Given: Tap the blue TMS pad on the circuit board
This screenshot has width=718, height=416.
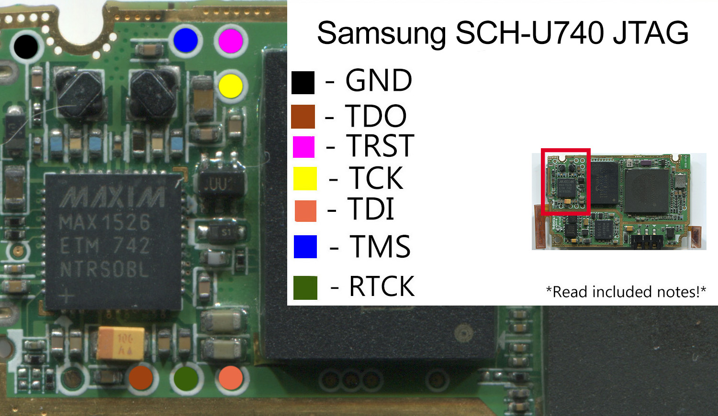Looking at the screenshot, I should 186,40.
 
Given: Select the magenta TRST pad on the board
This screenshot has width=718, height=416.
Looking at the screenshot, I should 231,41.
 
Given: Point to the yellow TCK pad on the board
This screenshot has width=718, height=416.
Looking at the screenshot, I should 231,86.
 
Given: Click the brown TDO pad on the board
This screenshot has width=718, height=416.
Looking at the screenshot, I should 141,378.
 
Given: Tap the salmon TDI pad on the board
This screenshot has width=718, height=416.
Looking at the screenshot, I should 231,378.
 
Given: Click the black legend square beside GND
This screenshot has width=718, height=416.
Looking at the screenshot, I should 303,82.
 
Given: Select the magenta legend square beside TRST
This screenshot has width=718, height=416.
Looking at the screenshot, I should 304,147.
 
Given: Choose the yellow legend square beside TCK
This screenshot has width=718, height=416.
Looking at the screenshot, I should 305,178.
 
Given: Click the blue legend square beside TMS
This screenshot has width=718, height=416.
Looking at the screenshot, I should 305,247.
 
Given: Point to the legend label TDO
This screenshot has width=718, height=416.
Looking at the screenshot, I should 376,116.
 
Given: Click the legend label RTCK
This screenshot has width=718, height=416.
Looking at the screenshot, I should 381,286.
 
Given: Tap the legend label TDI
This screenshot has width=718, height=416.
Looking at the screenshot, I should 371,209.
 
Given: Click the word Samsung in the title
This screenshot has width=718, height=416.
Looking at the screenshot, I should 381,33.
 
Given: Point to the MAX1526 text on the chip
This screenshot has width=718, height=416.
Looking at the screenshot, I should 105,222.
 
